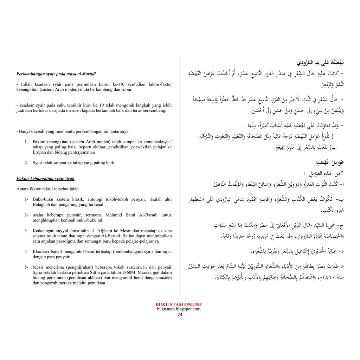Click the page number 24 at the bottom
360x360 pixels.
pos(180,315)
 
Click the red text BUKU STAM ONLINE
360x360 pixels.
pos(179,305)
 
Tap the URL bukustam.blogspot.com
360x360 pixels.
pos(179,309)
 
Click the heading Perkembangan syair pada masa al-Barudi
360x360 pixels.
pos(56,74)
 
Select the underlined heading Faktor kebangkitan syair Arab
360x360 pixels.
pos(45,179)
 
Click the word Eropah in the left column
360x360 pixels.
pos(40,153)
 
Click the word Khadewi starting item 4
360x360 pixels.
pos(40,252)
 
